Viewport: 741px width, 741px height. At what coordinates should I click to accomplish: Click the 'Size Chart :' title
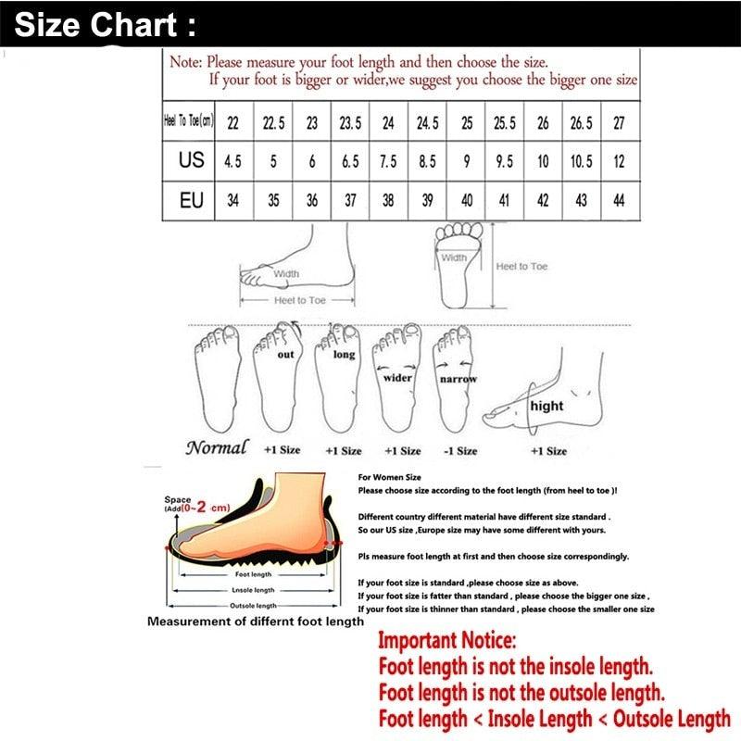105,25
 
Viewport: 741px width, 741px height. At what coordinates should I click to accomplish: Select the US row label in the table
191,160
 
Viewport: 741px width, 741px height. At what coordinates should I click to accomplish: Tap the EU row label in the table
191,200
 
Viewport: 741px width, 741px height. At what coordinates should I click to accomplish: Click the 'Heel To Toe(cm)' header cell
189,122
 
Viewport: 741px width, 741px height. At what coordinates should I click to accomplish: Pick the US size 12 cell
618,161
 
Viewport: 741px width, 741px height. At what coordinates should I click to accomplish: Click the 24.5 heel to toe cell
427,122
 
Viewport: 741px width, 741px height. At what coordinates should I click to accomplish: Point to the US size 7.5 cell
388,161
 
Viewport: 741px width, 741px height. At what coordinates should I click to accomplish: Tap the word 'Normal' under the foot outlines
217,448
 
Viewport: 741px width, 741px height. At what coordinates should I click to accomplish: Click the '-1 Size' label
459,451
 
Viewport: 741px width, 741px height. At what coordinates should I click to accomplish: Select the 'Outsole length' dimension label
252,606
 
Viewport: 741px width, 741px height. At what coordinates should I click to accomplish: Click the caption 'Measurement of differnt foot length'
256,622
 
